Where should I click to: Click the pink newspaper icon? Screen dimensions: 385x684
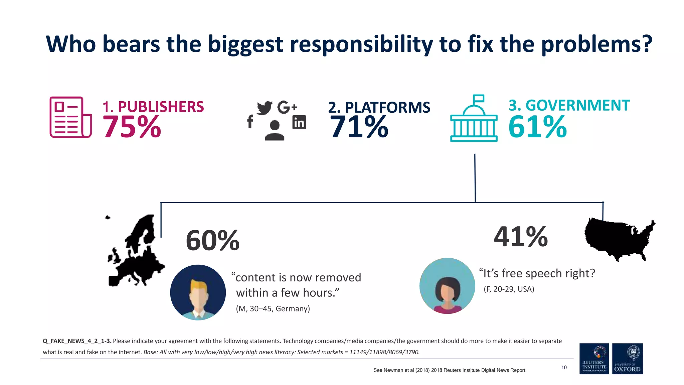[70, 117]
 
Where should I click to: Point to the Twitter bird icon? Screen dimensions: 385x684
[265, 108]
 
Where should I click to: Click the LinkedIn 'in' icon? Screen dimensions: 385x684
[299, 122]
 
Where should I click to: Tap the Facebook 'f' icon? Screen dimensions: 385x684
[250, 122]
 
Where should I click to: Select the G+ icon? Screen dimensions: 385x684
[287, 107]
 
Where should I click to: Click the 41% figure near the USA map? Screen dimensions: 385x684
[521, 237]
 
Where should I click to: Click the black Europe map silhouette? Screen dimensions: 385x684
[137, 254]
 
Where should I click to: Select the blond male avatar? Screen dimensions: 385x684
[198, 292]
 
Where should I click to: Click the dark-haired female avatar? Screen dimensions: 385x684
[447, 286]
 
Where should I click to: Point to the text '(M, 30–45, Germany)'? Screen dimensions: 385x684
[273, 308]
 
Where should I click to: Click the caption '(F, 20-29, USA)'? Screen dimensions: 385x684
[509, 289]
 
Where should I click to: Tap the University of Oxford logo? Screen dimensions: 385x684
[627, 359]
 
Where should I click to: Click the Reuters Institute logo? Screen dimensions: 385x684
[594, 359]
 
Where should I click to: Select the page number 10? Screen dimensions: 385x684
[564, 367]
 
